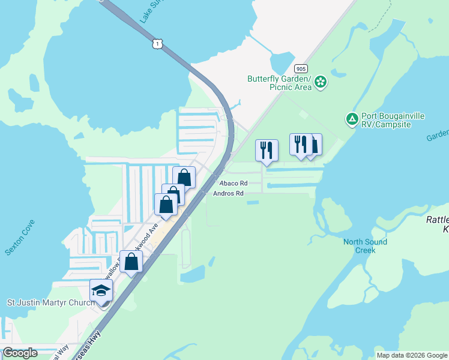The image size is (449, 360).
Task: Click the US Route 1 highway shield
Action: click(157, 44)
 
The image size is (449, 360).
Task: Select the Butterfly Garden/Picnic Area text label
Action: click(280, 83)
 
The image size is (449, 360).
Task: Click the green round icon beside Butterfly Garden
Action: click(321, 82)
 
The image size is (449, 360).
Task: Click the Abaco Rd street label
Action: click(234, 183)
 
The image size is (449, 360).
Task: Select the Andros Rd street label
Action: click(229, 193)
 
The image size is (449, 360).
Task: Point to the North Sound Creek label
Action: click(365, 246)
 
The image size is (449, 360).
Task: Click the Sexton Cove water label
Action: click(19, 238)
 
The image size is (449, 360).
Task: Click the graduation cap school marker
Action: click(101, 292)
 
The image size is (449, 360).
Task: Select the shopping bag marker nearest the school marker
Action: click(131, 262)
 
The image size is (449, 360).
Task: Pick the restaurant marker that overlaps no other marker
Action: click(267, 149)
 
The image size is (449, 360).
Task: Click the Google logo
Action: click(20, 353)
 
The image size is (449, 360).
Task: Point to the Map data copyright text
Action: click(412, 355)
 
